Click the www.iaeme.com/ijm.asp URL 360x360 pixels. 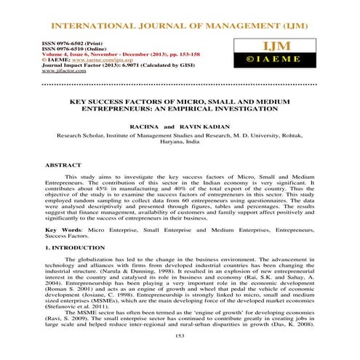coord(84,60)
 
